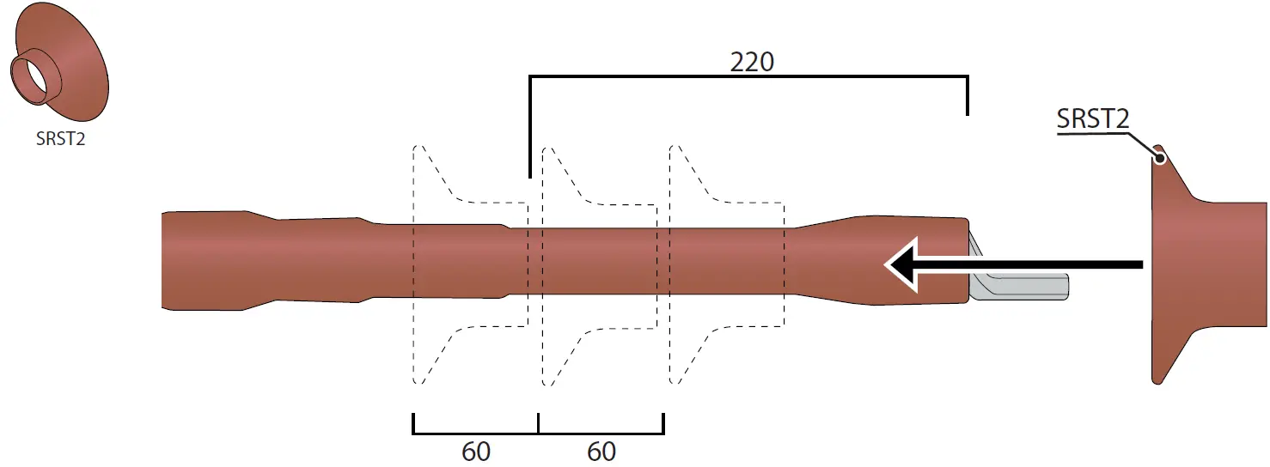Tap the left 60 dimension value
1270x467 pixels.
tap(476, 452)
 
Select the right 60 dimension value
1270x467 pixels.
tap(601, 452)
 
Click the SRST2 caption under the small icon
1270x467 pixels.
tap(60, 140)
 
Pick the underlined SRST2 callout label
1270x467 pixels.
tap(1092, 118)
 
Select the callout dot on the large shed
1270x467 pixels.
tap(1159, 158)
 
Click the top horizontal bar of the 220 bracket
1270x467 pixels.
tap(748, 78)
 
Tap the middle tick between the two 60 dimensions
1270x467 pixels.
tap(538, 423)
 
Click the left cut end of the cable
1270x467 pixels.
tap(163, 259)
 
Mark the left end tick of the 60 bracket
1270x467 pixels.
tap(413, 423)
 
